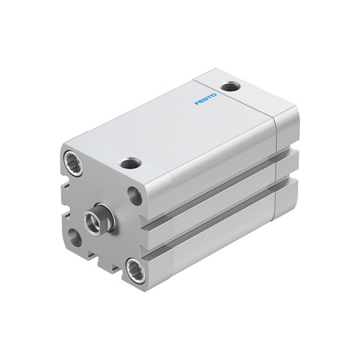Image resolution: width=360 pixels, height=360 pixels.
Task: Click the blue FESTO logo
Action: tap(205, 99)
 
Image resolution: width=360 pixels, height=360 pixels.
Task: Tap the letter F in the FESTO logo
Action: tap(197, 103)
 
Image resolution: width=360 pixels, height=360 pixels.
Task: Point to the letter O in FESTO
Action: tap(214, 95)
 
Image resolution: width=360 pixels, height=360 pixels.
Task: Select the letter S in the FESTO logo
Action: tap(205, 99)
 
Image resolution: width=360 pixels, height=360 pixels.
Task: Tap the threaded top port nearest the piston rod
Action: tap(130, 163)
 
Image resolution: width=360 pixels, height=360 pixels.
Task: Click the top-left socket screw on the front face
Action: tap(73, 163)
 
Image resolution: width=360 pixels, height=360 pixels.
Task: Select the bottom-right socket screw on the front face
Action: tap(136, 270)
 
